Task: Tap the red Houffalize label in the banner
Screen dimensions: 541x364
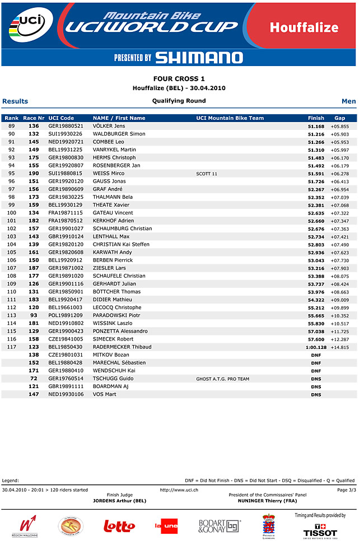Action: (304, 27)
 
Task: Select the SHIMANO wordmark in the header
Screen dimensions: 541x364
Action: (199, 58)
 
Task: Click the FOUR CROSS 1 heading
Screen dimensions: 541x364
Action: (179, 79)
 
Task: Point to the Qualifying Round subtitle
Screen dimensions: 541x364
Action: (179, 101)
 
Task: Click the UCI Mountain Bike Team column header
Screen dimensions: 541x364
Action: (230, 118)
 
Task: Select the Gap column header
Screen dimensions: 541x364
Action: (339, 118)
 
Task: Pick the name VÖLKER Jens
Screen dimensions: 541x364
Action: (109, 126)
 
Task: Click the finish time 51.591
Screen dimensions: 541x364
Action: (316, 174)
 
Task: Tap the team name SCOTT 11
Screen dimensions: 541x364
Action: (207, 174)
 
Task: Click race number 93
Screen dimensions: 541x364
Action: (34, 315)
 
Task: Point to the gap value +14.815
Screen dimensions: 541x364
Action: (339, 347)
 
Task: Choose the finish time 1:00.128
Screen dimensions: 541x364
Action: (316, 347)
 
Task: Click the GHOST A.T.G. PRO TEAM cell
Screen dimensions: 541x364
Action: (222, 379)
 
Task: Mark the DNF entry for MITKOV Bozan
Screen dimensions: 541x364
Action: (316, 355)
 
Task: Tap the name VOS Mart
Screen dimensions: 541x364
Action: (105, 394)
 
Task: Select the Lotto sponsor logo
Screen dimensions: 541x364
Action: (119, 525)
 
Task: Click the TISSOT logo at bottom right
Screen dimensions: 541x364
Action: (320, 529)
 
